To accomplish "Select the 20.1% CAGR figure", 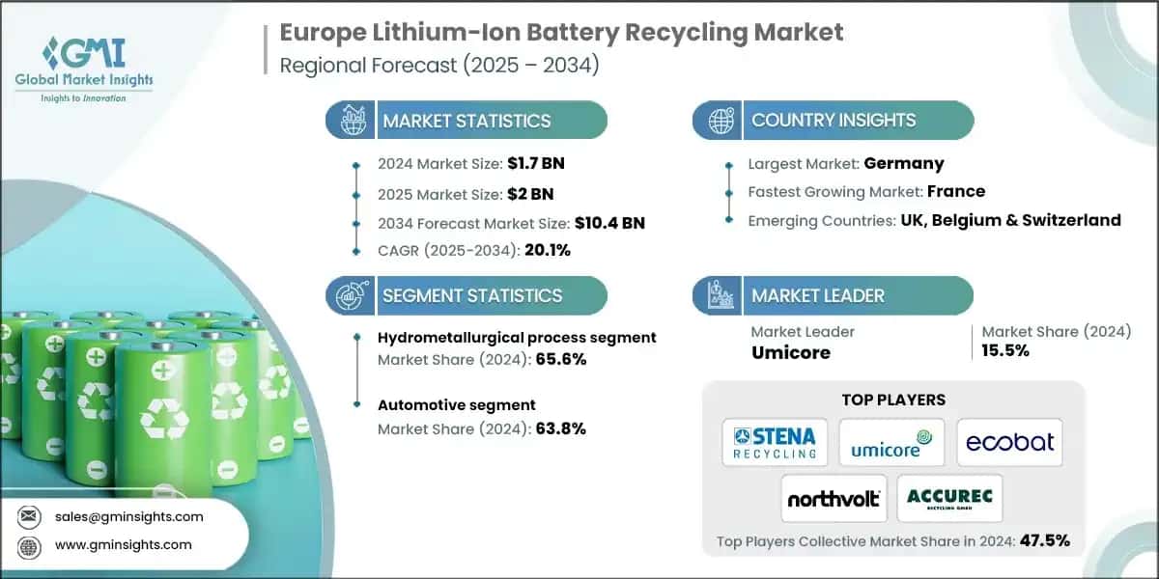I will click(548, 250).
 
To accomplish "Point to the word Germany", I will click(905, 163).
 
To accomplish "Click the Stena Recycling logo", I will click(775, 443).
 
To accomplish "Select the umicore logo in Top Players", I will click(891, 443).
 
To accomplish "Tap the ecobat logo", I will click(1009, 443).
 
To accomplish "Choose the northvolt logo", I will click(834, 498).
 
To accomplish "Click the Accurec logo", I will click(950, 498).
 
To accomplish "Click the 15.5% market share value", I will click(1005, 350).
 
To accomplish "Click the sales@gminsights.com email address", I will click(129, 516).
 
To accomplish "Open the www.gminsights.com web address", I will click(124, 544).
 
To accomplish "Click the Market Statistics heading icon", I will click(351, 121).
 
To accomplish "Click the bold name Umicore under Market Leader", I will click(791, 353).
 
